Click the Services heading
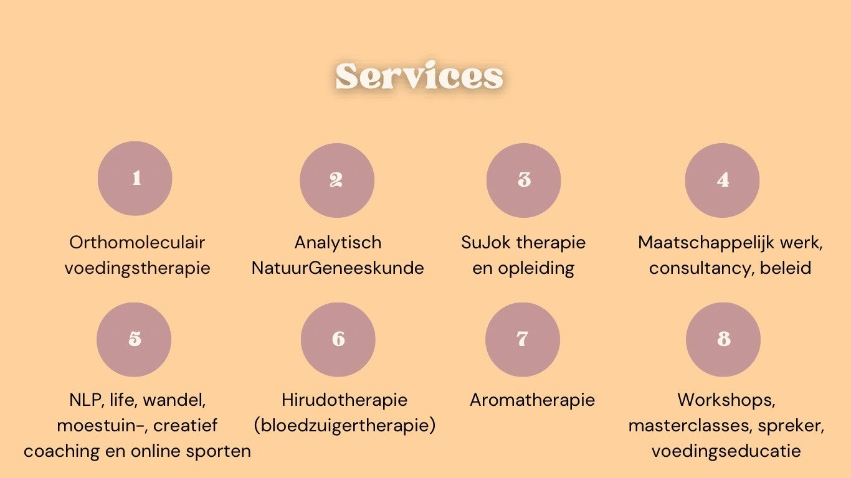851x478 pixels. pyautogui.click(x=419, y=77)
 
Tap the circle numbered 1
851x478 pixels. pyautogui.click(x=135, y=179)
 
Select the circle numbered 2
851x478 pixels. pyautogui.click(x=336, y=180)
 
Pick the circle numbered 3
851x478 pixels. pyautogui.click(x=523, y=180)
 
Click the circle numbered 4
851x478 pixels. pyautogui.click(x=722, y=180)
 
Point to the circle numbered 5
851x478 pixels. pyautogui.click(x=134, y=339)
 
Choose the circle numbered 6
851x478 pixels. pyautogui.click(x=338, y=339)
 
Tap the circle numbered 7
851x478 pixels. pyautogui.click(x=522, y=339)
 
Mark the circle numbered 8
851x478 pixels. pyautogui.click(x=723, y=339)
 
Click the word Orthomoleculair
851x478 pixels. pyautogui.click(x=137, y=242)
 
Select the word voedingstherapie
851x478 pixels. pyautogui.click(x=137, y=268)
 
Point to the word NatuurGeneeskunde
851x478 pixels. pyautogui.click(x=338, y=268)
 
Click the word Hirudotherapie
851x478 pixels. pyautogui.click(x=345, y=400)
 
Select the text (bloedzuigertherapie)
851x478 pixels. pyautogui.click(x=345, y=426)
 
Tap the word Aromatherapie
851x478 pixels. pyautogui.click(x=532, y=400)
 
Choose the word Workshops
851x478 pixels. pyautogui.click(x=726, y=400)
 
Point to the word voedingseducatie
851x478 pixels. pyautogui.click(x=726, y=451)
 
